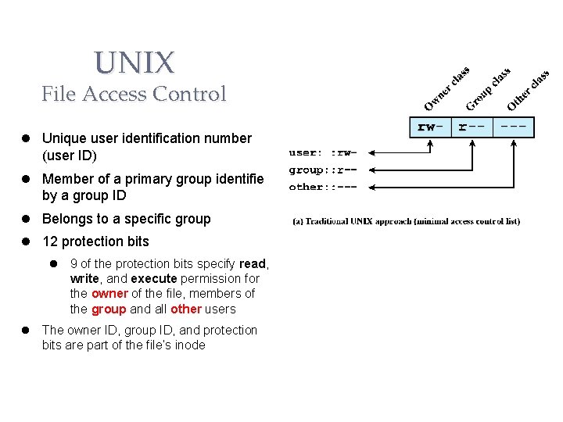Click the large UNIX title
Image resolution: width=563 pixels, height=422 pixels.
pyautogui.click(x=134, y=62)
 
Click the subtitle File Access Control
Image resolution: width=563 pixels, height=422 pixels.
pyautogui.click(x=134, y=95)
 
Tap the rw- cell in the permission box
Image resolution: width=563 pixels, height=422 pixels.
pyautogui.click(x=431, y=126)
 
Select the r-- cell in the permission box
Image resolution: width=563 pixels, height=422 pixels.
pyautogui.click(x=473, y=126)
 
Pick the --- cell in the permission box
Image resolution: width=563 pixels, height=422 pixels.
pyautogui.click(x=514, y=126)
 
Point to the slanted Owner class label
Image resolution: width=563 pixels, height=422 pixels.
pyautogui.click(x=446, y=88)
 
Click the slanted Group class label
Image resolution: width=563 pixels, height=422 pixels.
pyautogui.click(x=488, y=89)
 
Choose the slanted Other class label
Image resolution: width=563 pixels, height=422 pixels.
pyautogui.click(x=529, y=89)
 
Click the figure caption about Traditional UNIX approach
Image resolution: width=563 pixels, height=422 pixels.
pyautogui.click(x=406, y=221)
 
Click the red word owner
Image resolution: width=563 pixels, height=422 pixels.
pyautogui.click(x=109, y=294)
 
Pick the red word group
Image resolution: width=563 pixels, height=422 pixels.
pyautogui.click(x=109, y=309)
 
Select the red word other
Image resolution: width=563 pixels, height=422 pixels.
pyautogui.click(x=186, y=309)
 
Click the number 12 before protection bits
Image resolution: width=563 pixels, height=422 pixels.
pyautogui.click(x=49, y=241)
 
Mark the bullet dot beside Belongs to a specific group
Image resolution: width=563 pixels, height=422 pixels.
pyautogui.click(x=26, y=219)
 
